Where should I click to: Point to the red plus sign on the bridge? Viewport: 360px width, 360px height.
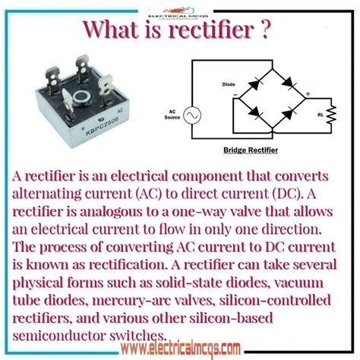click(305, 94)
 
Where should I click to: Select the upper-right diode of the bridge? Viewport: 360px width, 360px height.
click(286, 80)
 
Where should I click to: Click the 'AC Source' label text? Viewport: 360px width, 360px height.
click(175, 114)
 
